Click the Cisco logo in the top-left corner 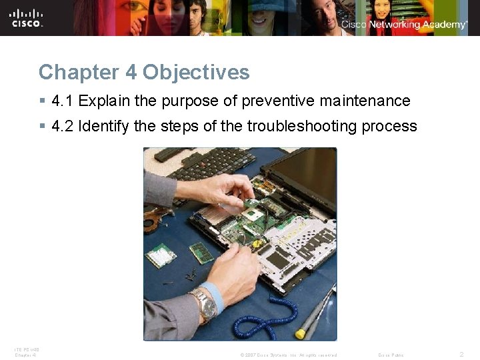pos(27,17)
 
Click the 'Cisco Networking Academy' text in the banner pos(404,25)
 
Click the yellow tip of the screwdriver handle pos(301,332)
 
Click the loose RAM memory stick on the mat pos(201,253)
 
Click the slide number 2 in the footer pos(461,355)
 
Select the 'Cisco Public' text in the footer pos(391,355)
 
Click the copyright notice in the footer pos(288,355)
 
